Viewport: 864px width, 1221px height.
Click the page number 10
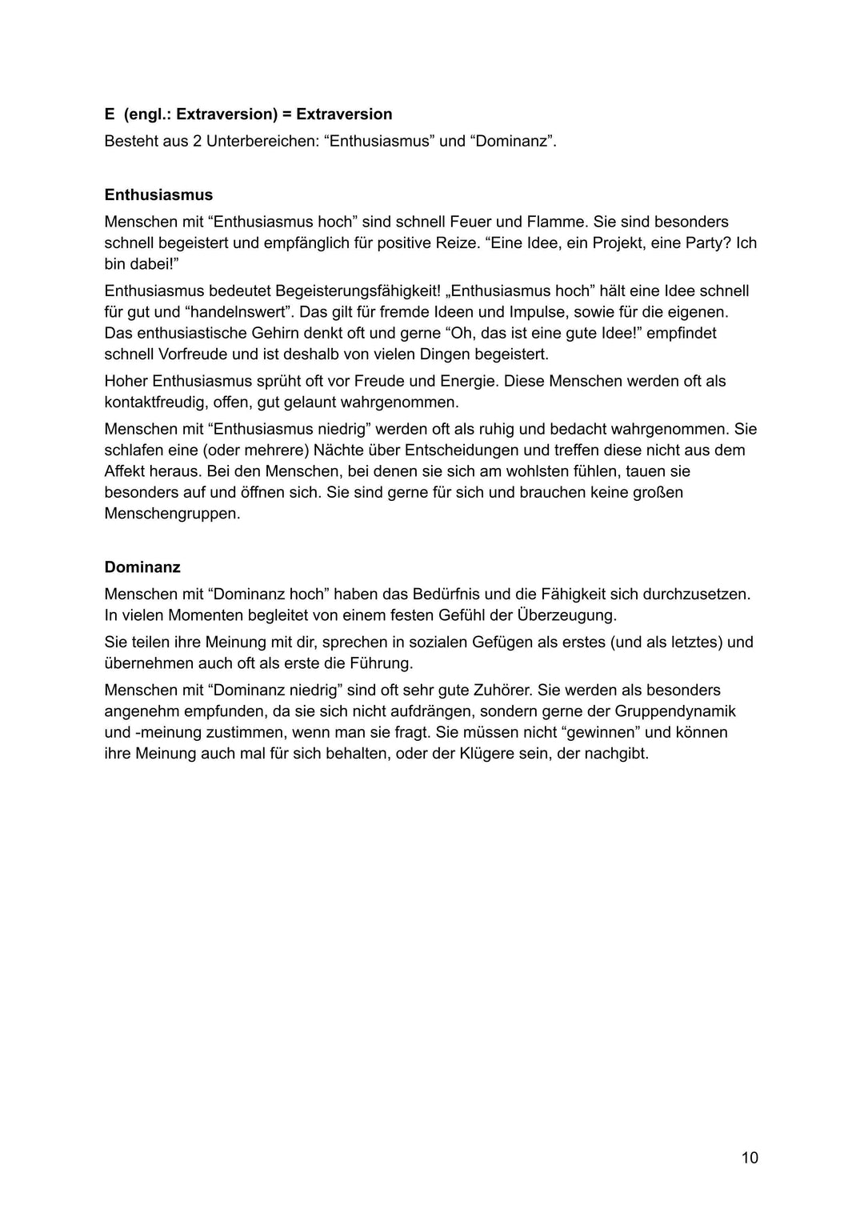pos(750,1158)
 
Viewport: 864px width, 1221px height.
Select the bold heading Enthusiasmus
pos(158,194)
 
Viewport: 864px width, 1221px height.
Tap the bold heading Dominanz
pos(142,567)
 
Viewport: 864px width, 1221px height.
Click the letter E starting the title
pos(110,114)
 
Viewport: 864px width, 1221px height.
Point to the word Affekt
pos(125,471)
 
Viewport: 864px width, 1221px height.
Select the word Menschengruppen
pos(172,514)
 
